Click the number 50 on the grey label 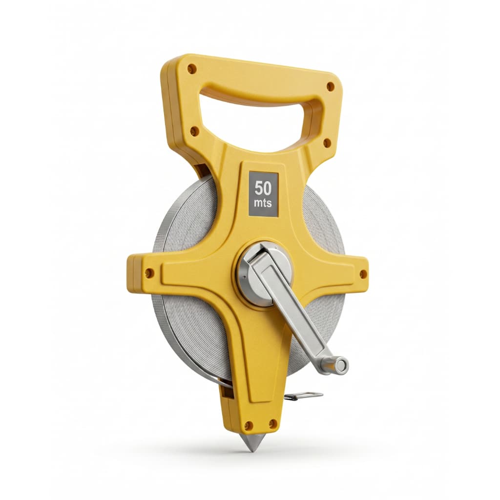click(263, 188)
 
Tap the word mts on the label click(263, 203)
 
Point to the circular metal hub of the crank click(264, 273)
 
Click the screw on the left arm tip click(148, 272)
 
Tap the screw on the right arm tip click(363, 273)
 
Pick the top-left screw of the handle click(191, 68)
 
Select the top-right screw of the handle click(331, 86)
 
